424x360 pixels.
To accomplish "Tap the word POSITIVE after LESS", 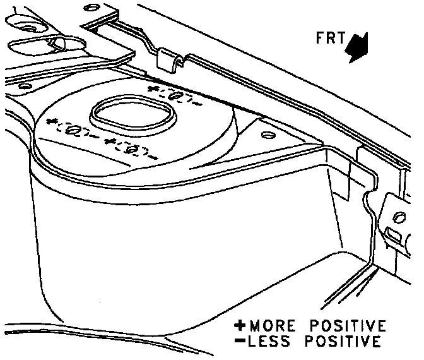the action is (x=344, y=342).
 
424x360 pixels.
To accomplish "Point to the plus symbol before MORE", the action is (x=240, y=327).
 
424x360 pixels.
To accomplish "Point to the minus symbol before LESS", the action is (x=240, y=342).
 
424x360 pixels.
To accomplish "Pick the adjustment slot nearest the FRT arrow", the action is (x=177, y=96).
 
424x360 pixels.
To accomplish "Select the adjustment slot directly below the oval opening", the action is (x=133, y=149).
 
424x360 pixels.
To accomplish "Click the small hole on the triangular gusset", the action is (x=266, y=135).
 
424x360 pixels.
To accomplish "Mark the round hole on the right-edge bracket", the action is (x=398, y=218).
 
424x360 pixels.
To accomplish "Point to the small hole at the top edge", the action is (x=92, y=7).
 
